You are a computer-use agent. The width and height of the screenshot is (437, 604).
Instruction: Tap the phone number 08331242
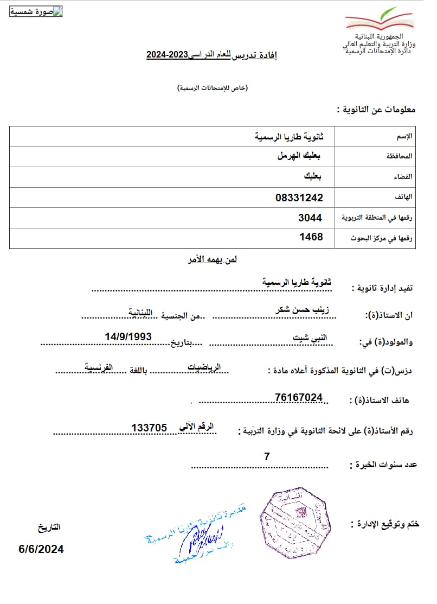point(299,198)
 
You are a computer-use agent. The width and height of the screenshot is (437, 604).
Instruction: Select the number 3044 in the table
point(310,218)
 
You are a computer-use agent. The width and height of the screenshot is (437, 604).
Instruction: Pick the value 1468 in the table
point(311,237)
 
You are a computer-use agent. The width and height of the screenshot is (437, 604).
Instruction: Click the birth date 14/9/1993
point(128,336)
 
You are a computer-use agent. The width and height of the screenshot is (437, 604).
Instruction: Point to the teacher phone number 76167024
point(299,398)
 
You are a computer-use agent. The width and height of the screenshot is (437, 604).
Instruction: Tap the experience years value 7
point(267,457)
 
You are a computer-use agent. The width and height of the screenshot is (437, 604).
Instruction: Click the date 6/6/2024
point(41,549)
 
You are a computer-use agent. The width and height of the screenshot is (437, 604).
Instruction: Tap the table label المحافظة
point(400,156)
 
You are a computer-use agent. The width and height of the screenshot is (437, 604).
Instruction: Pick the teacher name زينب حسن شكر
point(302,309)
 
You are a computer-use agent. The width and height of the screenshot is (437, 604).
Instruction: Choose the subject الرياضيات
point(204,367)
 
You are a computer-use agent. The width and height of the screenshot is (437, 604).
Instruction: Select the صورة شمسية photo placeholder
point(36,12)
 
